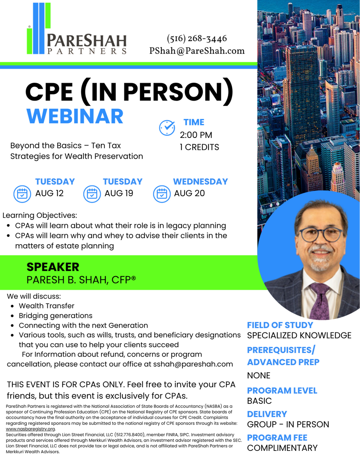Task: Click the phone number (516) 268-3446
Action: click(x=197, y=38)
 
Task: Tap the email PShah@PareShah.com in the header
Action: click(x=197, y=51)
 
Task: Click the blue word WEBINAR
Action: click(x=75, y=116)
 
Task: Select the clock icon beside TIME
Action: click(x=167, y=128)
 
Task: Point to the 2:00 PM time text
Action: click(x=196, y=135)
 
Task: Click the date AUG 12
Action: click(x=49, y=193)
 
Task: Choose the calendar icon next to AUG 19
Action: click(x=92, y=194)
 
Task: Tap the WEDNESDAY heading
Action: click(x=200, y=181)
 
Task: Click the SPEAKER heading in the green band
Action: click(x=53, y=267)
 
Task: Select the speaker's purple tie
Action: click(x=320, y=300)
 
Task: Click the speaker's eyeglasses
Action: click(x=321, y=235)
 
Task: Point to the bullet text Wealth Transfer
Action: click(x=47, y=306)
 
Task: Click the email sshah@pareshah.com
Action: click(x=193, y=364)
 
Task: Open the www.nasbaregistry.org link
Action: click(x=30, y=429)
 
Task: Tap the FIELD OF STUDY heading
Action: click(x=280, y=325)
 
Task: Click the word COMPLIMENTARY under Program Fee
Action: click(x=282, y=448)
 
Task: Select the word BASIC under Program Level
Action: click(x=259, y=401)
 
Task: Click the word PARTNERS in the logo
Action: click(x=87, y=51)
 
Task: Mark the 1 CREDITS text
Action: click(x=199, y=147)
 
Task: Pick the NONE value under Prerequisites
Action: click(x=259, y=376)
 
